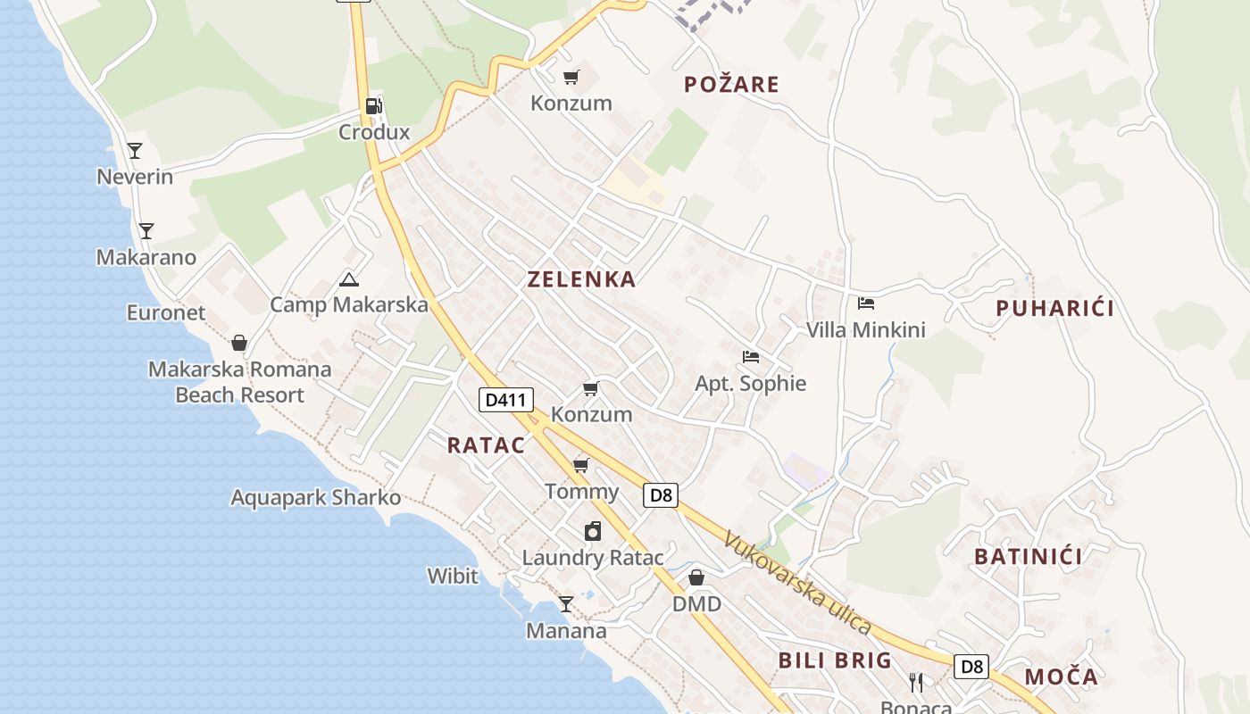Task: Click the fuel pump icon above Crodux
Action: [x=373, y=106]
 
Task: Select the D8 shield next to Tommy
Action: [x=661, y=494]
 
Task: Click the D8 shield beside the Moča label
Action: [x=971, y=666]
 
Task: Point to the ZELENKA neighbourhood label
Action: [x=581, y=279]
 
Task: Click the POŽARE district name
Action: [x=731, y=85]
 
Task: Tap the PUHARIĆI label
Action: [x=1054, y=309]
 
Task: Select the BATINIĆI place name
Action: [x=1028, y=557]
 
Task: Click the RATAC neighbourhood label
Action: [x=486, y=445]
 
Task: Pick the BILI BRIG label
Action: [x=835, y=660]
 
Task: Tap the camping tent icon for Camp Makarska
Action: [x=349, y=280]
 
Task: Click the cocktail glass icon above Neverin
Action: [x=135, y=151]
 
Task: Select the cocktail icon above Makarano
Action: [x=146, y=231]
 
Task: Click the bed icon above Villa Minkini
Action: [x=865, y=303]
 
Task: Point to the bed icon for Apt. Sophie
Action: [x=751, y=357]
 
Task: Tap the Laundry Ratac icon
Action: [x=592, y=532]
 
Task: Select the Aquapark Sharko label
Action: [x=316, y=497]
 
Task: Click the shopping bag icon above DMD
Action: [x=696, y=578]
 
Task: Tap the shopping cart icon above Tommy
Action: [x=581, y=465]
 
